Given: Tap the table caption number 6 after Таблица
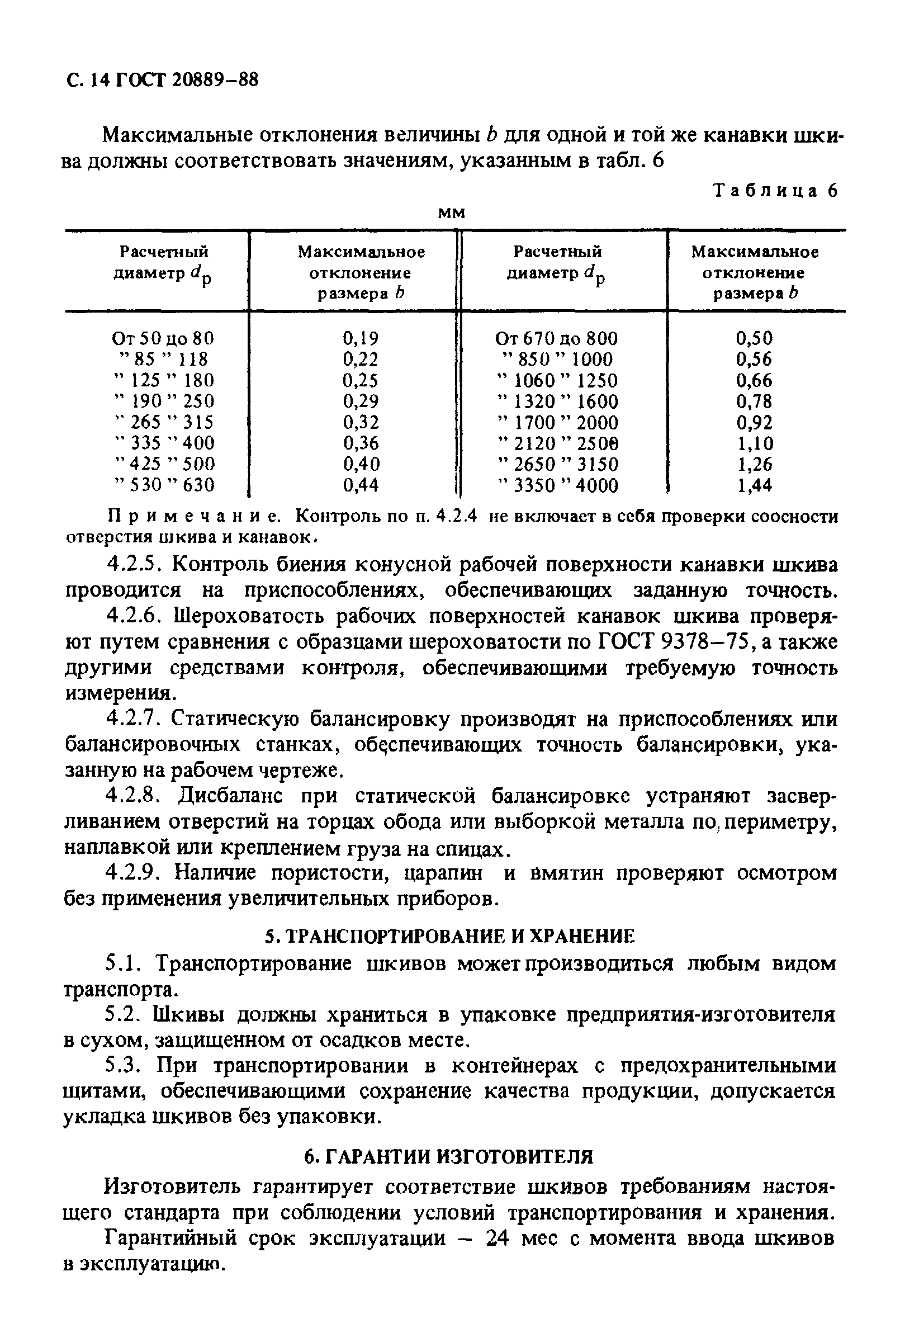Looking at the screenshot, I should [x=831, y=190].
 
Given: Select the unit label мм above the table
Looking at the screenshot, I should [x=452, y=213].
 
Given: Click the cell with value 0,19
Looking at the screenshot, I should [x=361, y=338].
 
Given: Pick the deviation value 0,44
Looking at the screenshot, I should [x=361, y=485].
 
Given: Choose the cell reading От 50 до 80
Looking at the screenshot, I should [x=163, y=338].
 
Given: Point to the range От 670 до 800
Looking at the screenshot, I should [x=557, y=338].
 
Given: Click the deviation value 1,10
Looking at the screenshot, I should [x=754, y=443].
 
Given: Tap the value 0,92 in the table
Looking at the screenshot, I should [x=754, y=422].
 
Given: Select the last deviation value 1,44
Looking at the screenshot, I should [x=754, y=485].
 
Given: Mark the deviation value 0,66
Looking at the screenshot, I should [x=754, y=380].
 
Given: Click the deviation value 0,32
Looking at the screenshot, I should [x=361, y=422].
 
